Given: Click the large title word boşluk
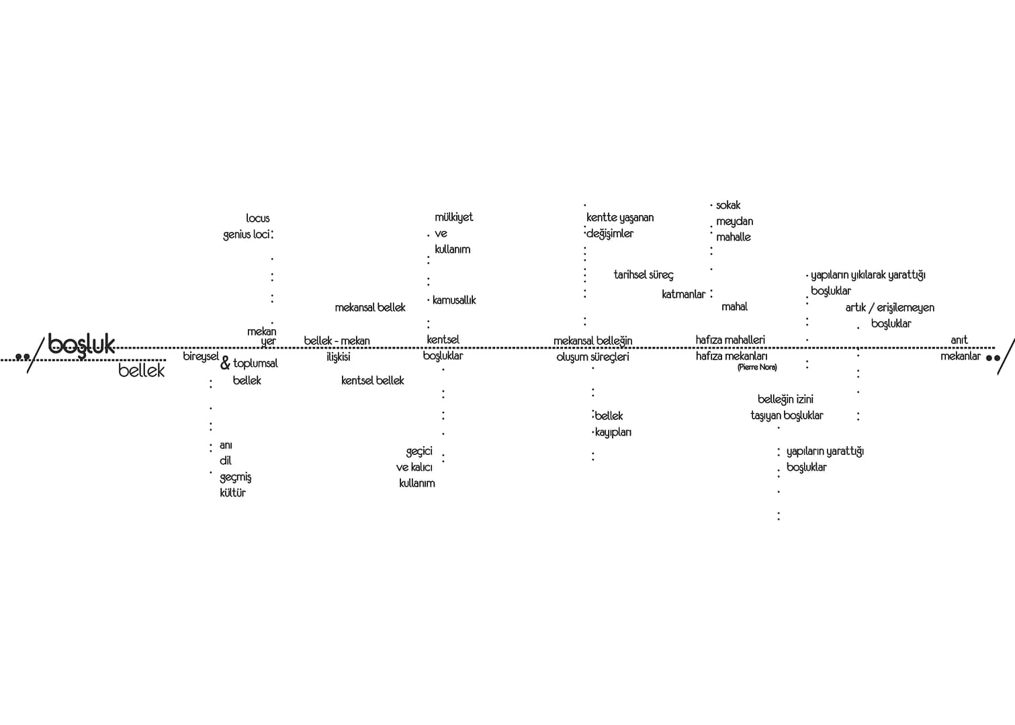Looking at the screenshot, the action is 81,345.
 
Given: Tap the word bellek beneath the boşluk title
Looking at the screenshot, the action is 141,370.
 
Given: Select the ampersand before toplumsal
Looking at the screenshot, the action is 225,363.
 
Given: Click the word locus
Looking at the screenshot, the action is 258,218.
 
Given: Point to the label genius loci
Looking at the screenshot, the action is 247,234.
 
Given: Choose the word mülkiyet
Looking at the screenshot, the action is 453,218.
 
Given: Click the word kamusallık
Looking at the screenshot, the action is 454,300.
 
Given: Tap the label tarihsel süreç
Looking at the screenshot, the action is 644,275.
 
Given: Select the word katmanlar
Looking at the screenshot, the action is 683,294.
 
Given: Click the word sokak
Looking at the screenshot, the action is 728,205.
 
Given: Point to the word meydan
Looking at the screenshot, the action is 734,222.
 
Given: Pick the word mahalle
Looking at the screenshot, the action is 733,237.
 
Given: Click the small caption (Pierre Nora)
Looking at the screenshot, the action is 757,367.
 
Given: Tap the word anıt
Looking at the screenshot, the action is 959,340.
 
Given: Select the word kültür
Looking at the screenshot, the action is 232,493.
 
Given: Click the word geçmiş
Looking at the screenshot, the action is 235,477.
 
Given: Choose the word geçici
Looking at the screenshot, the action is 419,452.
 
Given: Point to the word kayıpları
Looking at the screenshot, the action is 613,432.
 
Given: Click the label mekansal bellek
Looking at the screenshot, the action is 369,308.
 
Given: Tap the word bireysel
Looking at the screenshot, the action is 201,357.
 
